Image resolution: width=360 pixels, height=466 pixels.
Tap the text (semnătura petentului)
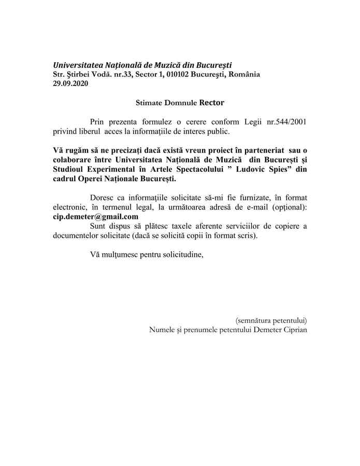point(271,319)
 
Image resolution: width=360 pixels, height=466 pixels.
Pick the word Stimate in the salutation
point(142,103)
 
